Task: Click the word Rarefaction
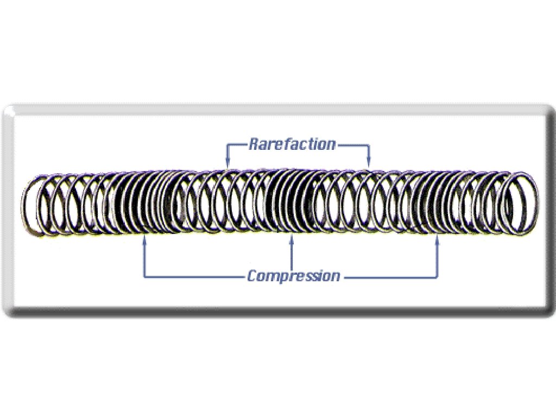(292, 144)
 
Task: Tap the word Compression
(294, 276)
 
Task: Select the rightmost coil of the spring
(523, 202)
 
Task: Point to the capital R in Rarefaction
(254, 144)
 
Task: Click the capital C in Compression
(252, 276)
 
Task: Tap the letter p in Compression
(283, 277)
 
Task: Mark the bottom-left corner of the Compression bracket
(144, 277)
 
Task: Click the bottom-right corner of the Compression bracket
(438, 277)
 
